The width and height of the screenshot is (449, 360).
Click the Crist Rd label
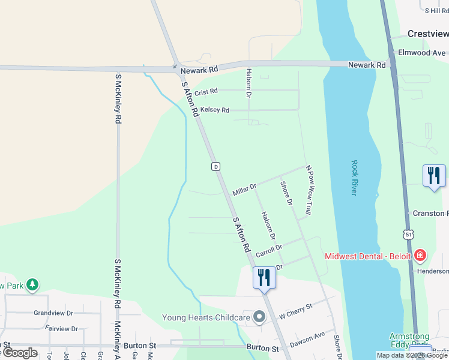pyautogui.click(x=206, y=91)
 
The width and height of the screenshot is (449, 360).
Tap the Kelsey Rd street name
pyautogui.click(x=215, y=110)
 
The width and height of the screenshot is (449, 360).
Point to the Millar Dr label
pyautogui.click(x=244, y=190)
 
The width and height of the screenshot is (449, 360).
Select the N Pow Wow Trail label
pyautogui.click(x=309, y=190)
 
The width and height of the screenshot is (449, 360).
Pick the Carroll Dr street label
pyautogui.click(x=268, y=251)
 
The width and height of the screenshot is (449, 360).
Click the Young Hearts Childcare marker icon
pyautogui.click(x=259, y=316)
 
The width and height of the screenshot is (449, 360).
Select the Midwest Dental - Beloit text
pyautogui.click(x=368, y=256)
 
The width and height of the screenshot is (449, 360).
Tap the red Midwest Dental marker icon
pyautogui.click(x=420, y=256)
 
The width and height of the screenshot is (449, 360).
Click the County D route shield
pyautogui.click(x=215, y=166)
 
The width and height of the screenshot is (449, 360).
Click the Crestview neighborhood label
pyautogui.click(x=427, y=34)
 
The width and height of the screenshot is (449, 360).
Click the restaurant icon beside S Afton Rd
pyautogui.click(x=264, y=277)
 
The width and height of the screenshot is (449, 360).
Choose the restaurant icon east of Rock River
pyautogui.click(x=434, y=175)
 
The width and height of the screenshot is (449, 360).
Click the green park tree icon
pyautogui.click(x=32, y=284)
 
